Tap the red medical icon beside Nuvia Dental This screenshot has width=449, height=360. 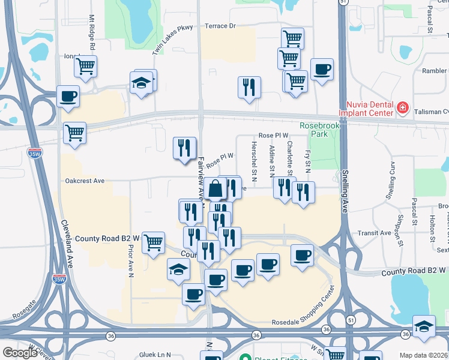click(x=403, y=109)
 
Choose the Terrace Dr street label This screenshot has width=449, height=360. click(x=220, y=26)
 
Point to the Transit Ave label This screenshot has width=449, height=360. click(x=374, y=233)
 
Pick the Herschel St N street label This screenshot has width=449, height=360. click(x=255, y=163)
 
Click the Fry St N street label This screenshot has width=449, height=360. click(x=307, y=161)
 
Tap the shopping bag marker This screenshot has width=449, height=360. click(x=215, y=189)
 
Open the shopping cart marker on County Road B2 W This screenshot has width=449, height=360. click(x=154, y=242)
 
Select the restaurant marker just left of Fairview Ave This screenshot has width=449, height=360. click(x=184, y=148)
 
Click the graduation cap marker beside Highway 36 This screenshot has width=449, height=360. click(x=424, y=326)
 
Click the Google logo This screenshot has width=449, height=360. click(x=20, y=353)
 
